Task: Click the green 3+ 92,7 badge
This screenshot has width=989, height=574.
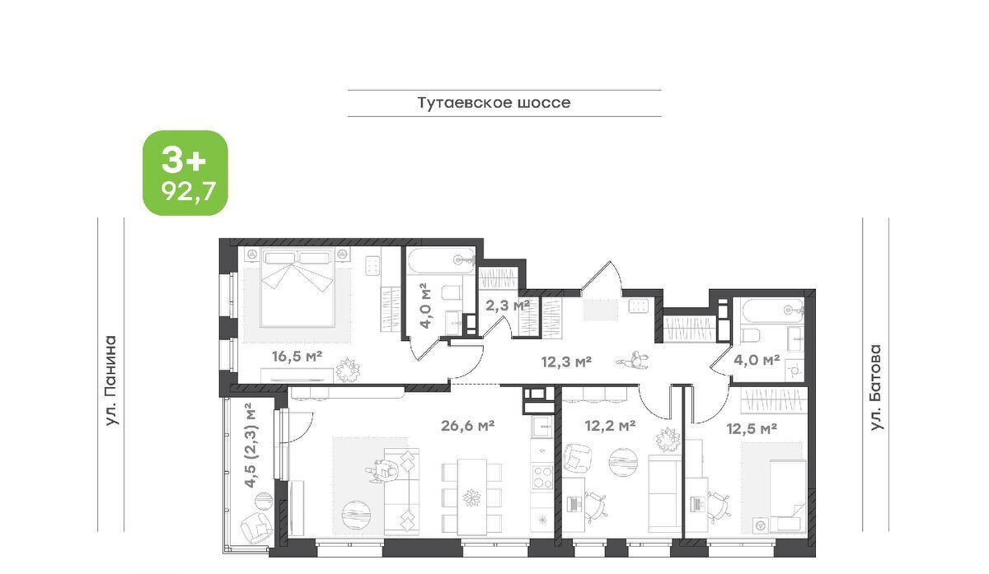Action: point(185,172)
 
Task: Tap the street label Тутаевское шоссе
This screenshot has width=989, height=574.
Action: point(494,103)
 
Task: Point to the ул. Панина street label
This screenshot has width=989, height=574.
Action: point(112,380)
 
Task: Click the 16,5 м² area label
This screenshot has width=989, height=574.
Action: point(297,356)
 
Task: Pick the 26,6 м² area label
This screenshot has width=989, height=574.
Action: point(467,425)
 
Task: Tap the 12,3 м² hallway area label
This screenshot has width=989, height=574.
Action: point(566,362)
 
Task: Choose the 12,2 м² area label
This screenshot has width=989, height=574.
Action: point(610,425)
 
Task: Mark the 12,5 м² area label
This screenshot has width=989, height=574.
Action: point(752,428)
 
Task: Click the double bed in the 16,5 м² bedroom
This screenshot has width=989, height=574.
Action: point(297,287)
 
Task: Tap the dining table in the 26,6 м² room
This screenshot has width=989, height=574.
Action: point(472,497)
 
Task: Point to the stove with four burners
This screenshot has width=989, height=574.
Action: point(542,477)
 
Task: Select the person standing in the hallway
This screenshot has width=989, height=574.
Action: point(633,361)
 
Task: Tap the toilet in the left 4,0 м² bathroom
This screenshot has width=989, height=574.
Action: point(451,292)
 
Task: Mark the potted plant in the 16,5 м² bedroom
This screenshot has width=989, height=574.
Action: point(348,370)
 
